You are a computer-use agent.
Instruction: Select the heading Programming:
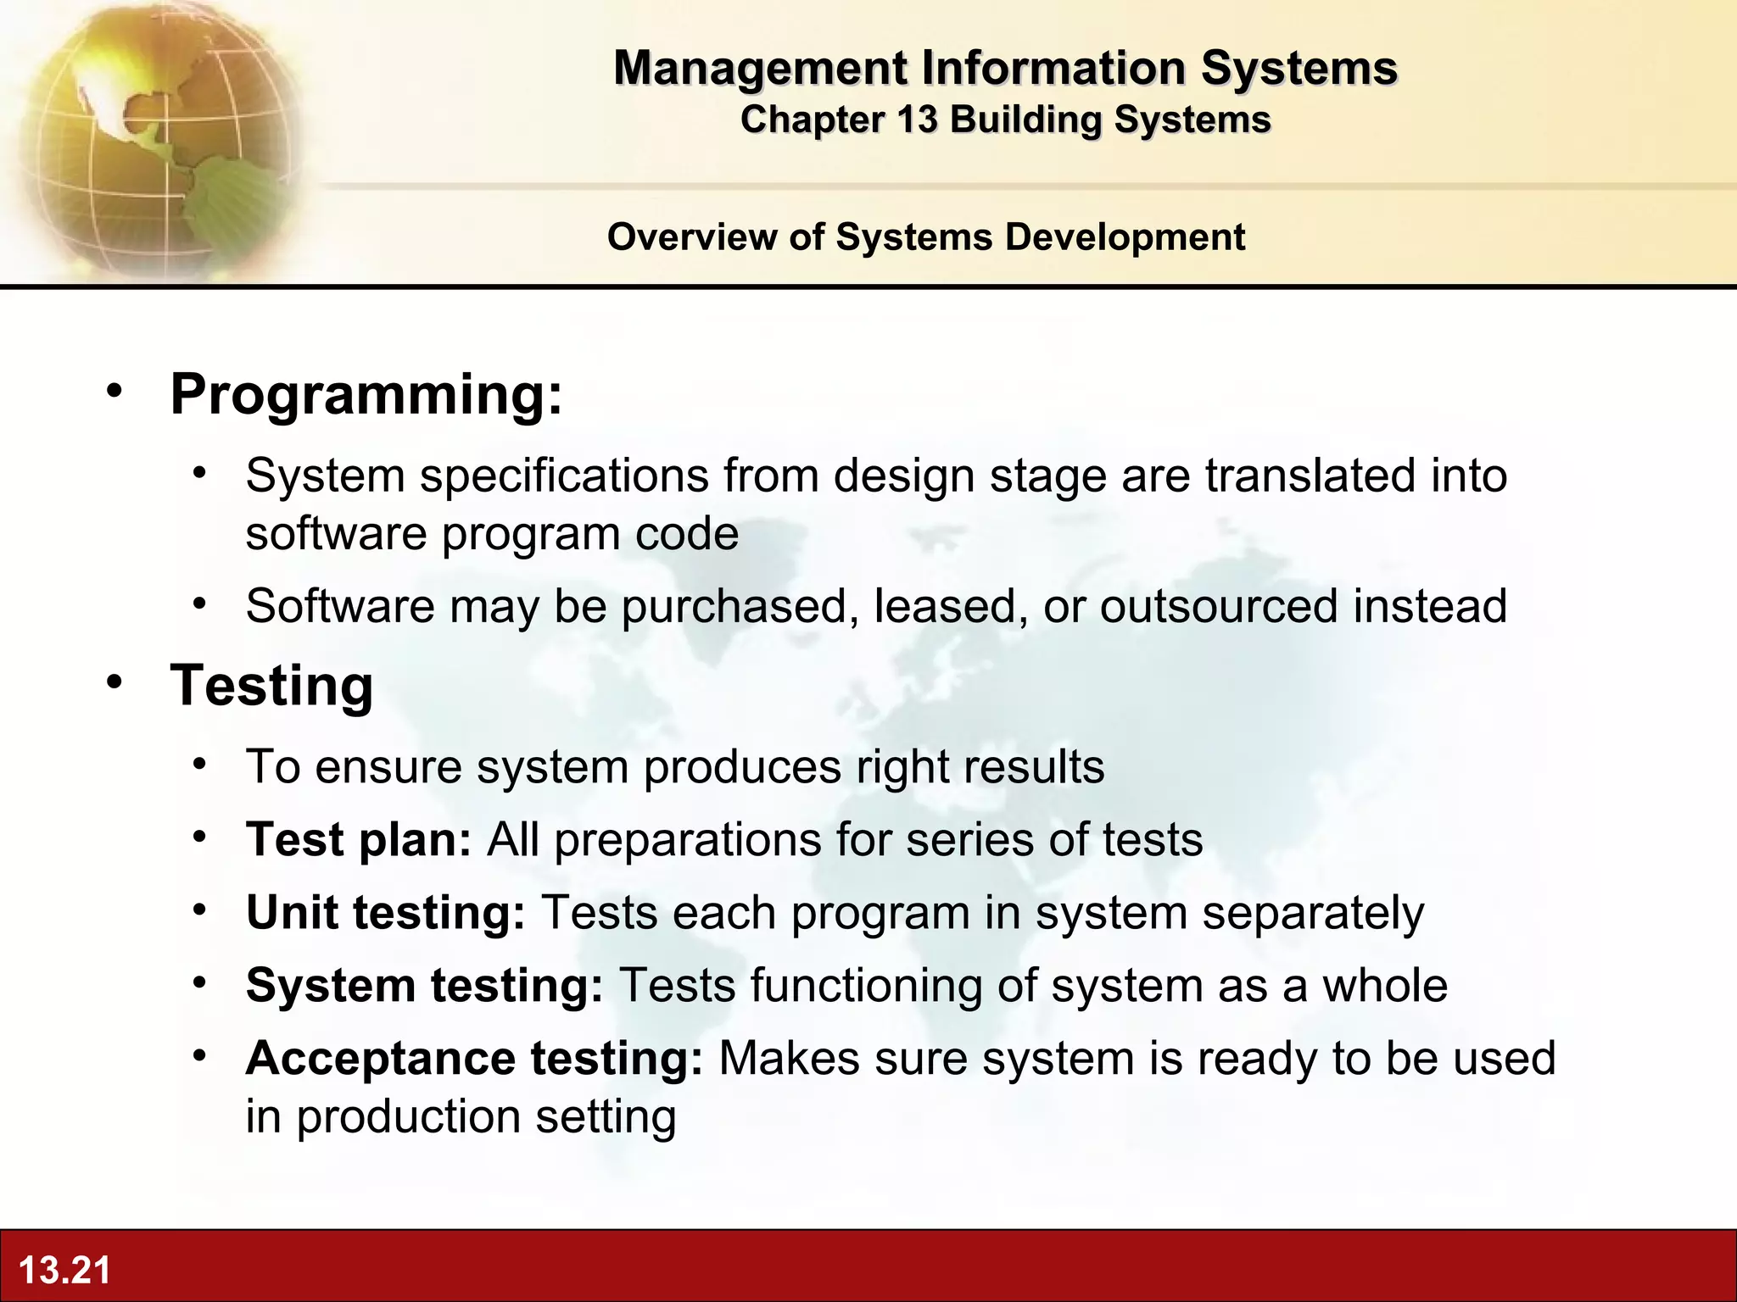click(366, 394)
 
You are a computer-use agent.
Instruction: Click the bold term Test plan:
click(359, 840)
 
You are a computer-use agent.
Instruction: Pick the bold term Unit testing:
click(385, 913)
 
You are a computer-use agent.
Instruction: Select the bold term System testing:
click(424, 986)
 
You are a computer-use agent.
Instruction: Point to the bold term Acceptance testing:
click(474, 1059)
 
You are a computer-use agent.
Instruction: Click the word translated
click(1310, 476)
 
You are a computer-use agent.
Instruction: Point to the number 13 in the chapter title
click(917, 120)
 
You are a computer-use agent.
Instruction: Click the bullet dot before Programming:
click(114, 391)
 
